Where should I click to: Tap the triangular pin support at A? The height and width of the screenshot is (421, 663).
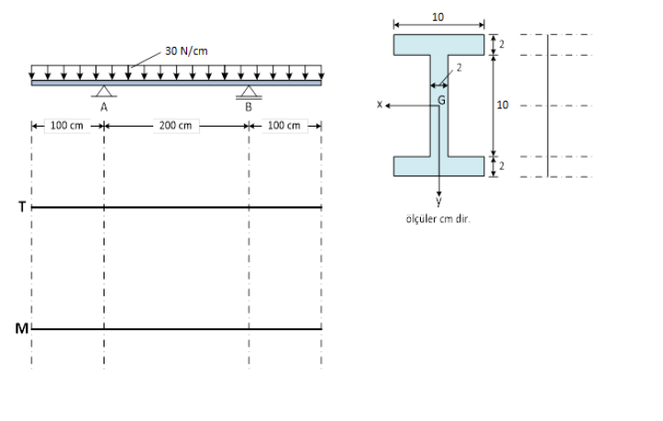pos(104,91)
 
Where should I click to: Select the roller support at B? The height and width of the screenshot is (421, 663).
pos(249,92)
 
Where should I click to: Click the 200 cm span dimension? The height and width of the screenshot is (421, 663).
pos(175,126)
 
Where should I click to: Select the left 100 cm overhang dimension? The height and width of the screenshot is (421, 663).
pos(67,126)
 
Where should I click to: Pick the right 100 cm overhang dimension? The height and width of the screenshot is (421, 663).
pos(284,126)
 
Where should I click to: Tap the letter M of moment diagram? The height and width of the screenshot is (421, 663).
pos(22,328)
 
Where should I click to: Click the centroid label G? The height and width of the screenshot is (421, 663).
pos(442,97)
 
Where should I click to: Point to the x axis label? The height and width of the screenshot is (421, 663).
pos(379,105)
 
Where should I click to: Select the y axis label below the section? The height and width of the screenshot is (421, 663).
pos(439,201)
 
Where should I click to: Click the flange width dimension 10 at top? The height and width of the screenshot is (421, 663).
pos(438,17)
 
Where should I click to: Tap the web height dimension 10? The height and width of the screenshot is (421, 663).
pos(502,105)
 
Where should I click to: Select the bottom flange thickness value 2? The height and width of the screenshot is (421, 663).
pos(502,166)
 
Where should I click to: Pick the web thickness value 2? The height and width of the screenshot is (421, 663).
pos(459,68)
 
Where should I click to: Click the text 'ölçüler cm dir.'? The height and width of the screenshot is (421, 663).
pos(438,218)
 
